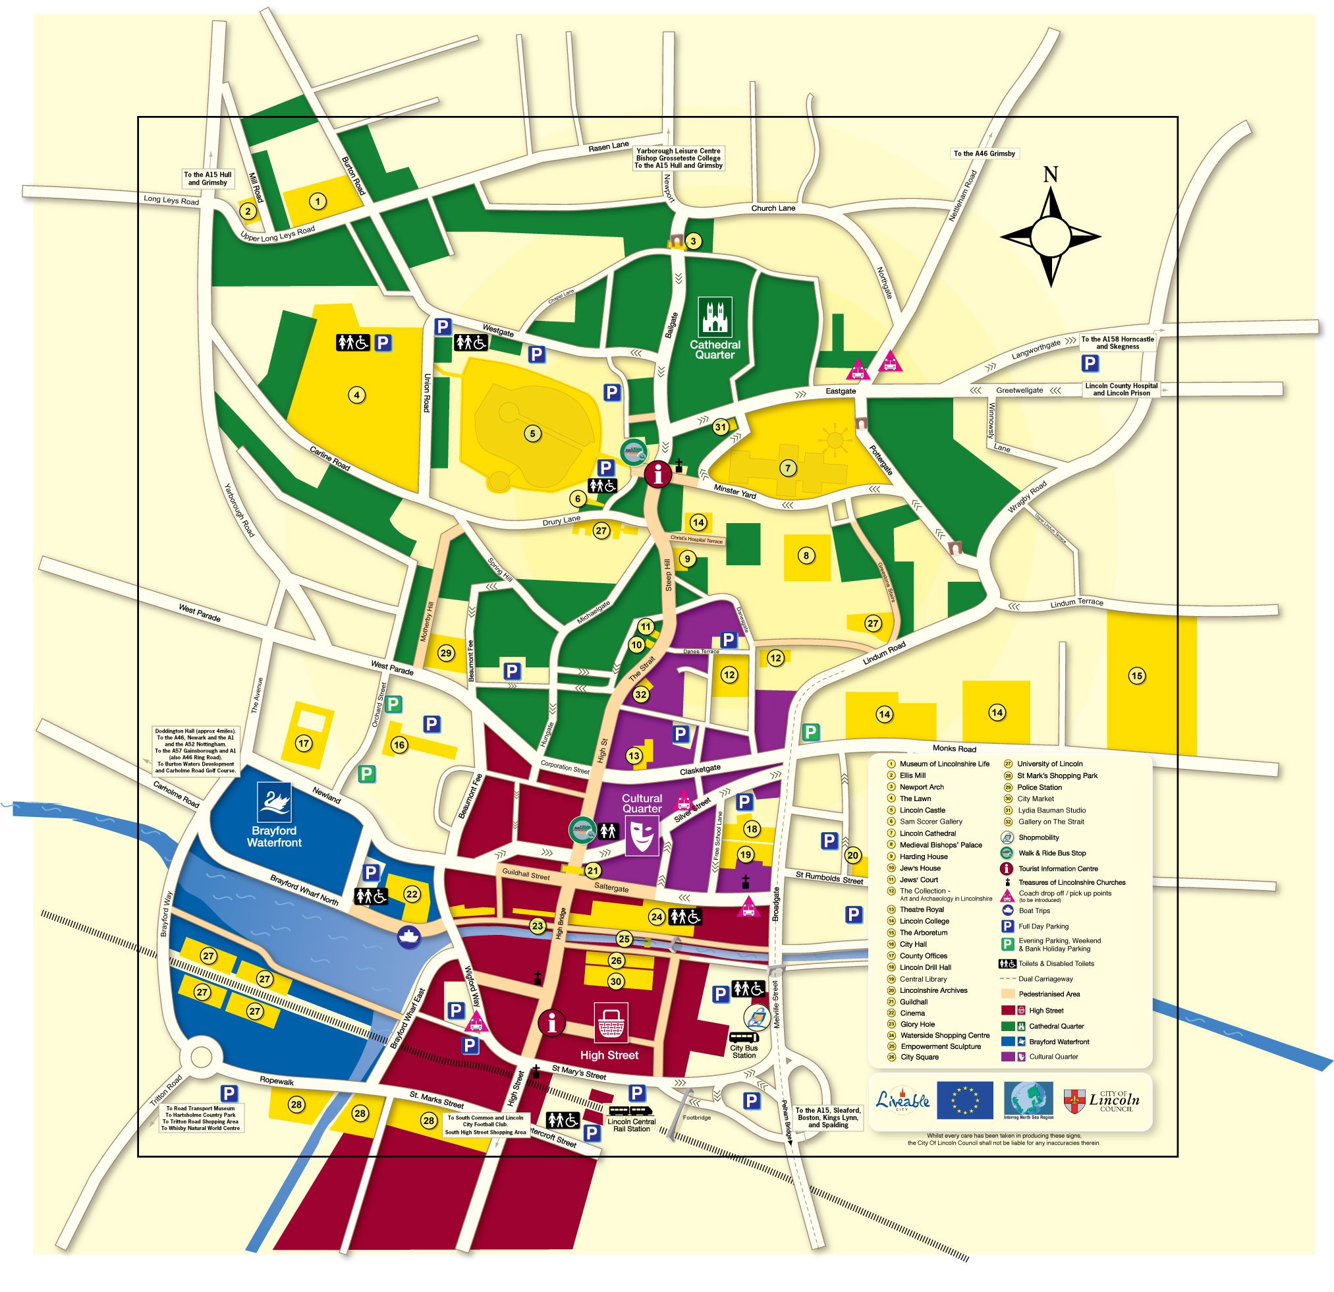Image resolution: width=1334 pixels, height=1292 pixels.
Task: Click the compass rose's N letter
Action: (x=1050, y=175)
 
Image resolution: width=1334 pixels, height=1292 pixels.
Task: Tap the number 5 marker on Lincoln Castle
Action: (x=532, y=433)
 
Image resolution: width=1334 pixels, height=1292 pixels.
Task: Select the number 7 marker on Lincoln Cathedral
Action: (x=787, y=468)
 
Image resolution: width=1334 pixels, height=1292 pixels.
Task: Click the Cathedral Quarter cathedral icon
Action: (x=715, y=316)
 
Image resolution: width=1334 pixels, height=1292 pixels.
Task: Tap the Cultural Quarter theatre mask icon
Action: (x=642, y=835)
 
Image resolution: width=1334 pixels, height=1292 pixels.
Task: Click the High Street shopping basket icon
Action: (x=611, y=1023)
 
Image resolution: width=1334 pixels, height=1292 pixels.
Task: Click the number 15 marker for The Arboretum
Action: (x=1136, y=676)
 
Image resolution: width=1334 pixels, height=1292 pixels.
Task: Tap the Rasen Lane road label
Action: (x=609, y=146)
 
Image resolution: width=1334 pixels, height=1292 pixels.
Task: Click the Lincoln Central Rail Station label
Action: (x=631, y=1125)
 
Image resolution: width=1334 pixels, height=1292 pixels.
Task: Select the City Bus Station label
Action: (x=744, y=1052)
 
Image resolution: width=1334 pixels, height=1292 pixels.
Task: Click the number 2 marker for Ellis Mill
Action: (x=248, y=211)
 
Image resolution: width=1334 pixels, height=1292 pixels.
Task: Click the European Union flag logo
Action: (x=964, y=1100)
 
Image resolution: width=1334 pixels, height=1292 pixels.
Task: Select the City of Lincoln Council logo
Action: (x=1101, y=1100)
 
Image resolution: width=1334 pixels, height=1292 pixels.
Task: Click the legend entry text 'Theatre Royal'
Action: (x=922, y=909)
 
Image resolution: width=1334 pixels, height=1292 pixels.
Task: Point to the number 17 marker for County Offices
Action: (x=304, y=744)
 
